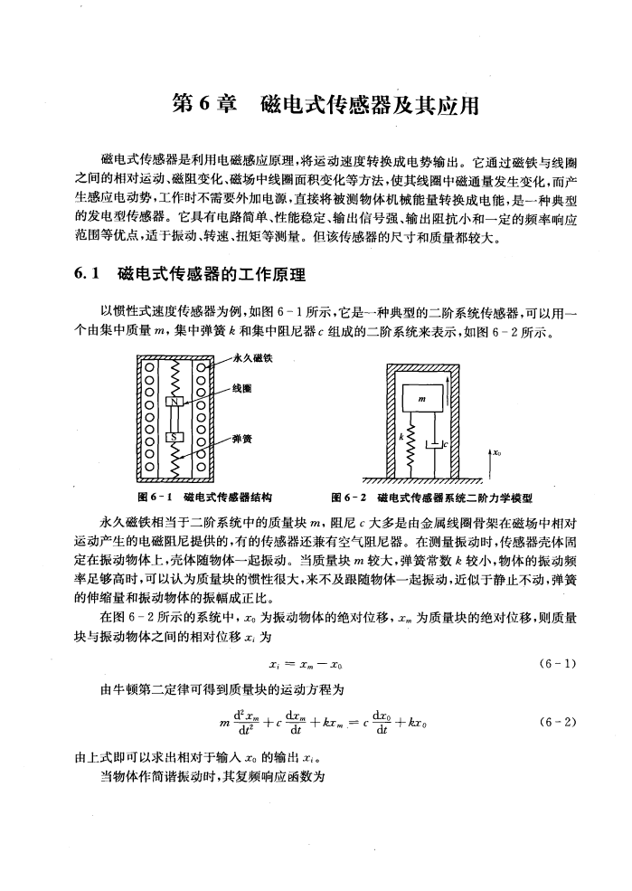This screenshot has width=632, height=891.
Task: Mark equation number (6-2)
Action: point(552,722)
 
